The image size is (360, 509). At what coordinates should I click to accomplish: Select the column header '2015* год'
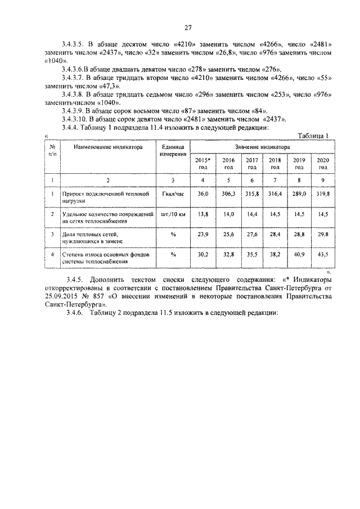202,163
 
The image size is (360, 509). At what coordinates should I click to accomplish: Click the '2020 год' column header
323,163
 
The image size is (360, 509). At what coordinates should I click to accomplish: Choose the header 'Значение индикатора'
262,146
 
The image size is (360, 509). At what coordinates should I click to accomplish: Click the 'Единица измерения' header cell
173,150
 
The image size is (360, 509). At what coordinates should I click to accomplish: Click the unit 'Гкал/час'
173,194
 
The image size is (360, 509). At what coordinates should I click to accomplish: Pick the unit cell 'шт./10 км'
173,215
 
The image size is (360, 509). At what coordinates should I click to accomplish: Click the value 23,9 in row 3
202,235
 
